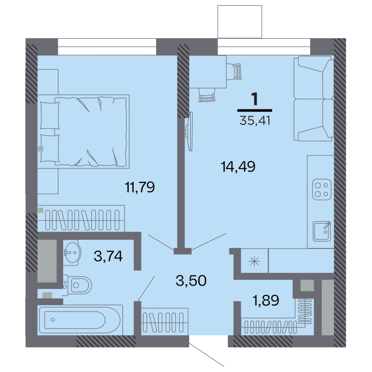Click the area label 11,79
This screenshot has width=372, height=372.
139,187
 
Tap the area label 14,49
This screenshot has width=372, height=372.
238,166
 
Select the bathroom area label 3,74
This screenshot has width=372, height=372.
108,256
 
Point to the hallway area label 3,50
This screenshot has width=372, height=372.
191,281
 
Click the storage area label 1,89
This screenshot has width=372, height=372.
266,300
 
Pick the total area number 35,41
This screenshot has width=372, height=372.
255,120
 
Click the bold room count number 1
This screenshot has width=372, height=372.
255,99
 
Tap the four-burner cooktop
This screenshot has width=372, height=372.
321,189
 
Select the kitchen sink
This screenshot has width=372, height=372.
322,231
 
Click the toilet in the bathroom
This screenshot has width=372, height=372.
77,285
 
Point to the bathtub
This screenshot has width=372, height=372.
80,320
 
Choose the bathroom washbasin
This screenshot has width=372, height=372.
72,253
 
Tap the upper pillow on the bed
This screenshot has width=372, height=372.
50,116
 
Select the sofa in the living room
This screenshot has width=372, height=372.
314,99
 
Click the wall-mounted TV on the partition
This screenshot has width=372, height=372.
189,131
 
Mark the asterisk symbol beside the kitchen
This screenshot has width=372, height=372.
254,261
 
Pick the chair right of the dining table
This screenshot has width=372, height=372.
234,71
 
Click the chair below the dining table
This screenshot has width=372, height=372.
207,95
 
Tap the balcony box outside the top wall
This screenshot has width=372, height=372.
240,22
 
